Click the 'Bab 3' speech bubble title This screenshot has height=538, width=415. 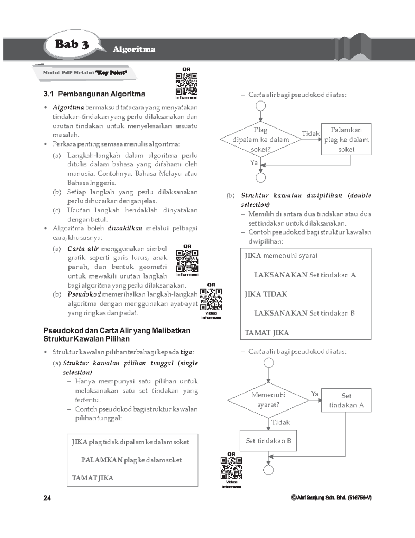pyautogui.click(x=72, y=44)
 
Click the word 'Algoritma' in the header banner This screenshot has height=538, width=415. pyautogui.click(x=134, y=50)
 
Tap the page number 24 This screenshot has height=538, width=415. pyautogui.click(x=47, y=498)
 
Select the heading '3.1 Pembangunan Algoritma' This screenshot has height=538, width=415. pyautogui.click(x=94, y=94)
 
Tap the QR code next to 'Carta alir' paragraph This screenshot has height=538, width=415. pyautogui.click(x=187, y=261)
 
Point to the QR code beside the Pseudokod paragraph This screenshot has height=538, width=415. pyautogui.click(x=211, y=299)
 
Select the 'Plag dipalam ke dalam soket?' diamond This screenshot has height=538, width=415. pyautogui.click(x=261, y=140)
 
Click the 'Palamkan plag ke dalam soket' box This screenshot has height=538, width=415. pyautogui.click(x=346, y=139)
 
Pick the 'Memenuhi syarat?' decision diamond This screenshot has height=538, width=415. pyautogui.click(x=268, y=400)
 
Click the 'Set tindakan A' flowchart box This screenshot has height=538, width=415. pyautogui.click(x=346, y=400)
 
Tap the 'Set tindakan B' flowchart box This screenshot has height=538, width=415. pyautogui.click(x=268, y=441)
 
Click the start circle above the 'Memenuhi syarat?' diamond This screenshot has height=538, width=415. pyautogui.click(x=268, y=363)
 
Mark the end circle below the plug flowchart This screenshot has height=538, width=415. pyautogui.click(x=261, y=178)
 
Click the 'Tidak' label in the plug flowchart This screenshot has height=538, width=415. pyautogui.click(x=310, y=134)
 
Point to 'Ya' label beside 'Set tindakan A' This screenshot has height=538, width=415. pyautogui.click(x=314, y=394)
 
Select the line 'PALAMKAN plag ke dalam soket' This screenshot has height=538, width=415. pyautogui.click(x=131, y=460)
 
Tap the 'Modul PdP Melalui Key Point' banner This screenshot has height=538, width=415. pyautogui.click(x=85, y=73)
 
